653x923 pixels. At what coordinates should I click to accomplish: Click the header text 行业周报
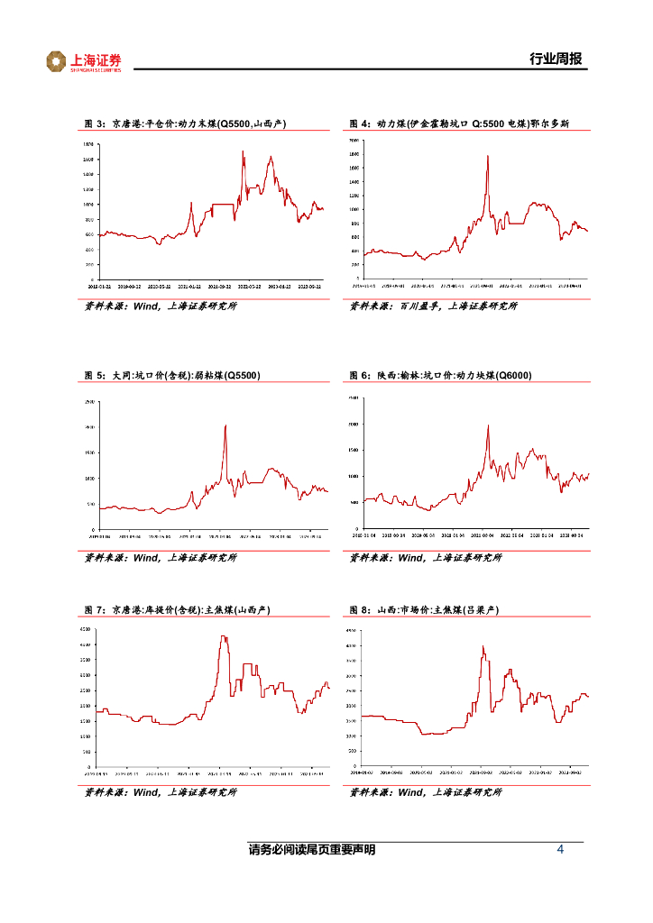pyautogui.click(x=556, y=59)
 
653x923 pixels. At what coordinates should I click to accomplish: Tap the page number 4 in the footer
pyautogui.click(x=561, y=850)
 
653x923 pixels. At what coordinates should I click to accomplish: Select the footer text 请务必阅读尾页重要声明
pyautogui.click(x=312, y=850)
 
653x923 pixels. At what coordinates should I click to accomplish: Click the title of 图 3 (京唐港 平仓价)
pyautogui.click(x=189, y=124)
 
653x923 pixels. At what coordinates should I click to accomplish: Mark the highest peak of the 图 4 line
pyautogui.click(x=488, y=156)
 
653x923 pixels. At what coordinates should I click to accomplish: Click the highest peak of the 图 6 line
pyautogui.click(x=488, y=425)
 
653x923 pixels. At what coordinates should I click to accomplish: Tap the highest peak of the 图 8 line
pyautogui.click(x=483, y=646)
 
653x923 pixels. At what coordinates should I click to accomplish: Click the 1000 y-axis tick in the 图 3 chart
pyautogui.click(x=88, y=205)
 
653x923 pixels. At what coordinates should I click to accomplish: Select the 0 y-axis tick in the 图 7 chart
pyautogui.click(x=88, y=767)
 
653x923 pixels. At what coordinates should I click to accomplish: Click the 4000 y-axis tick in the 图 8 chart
pyautogui.click(x=354, y=646)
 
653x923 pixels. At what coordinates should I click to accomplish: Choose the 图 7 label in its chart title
pyautogui.click(x=95, y=610)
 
